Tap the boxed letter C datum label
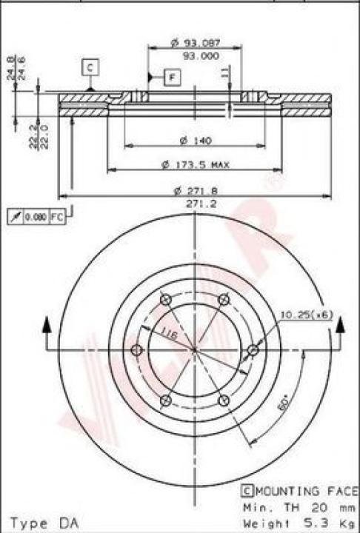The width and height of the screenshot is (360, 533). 90,67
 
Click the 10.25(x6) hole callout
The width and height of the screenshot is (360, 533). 306,315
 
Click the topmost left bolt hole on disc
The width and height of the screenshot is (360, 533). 165,300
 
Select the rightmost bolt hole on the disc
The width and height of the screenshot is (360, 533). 253,349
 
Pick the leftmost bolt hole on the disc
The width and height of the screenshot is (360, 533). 136,350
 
